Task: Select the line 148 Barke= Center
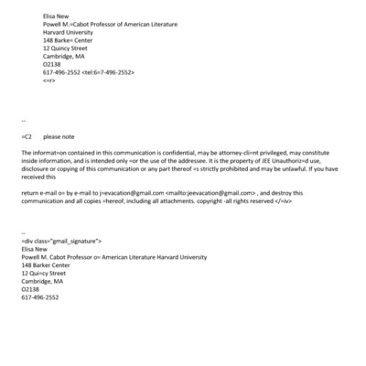point(69,40)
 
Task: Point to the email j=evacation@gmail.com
point(133,193)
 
